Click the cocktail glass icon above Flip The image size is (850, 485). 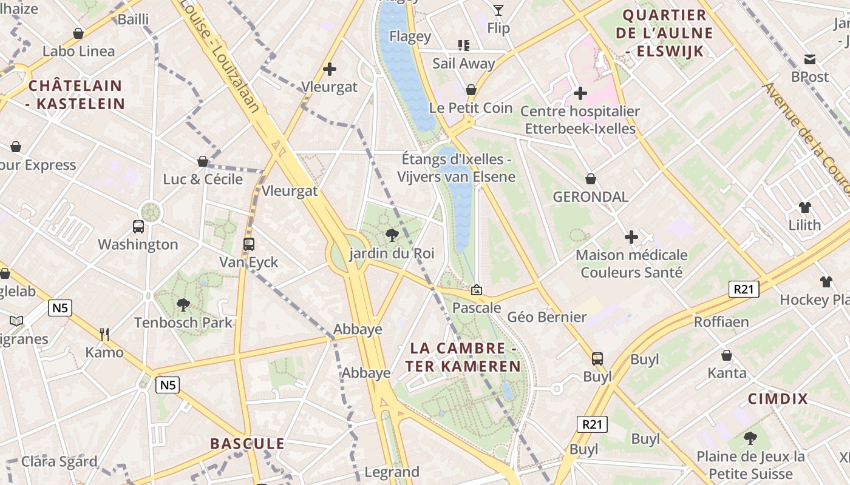tap(498, 10)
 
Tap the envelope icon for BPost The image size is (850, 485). tap(809, 59)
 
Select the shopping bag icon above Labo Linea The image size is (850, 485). tap(78, 33)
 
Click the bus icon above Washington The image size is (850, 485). tap(138, 227)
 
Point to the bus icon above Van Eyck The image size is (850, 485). tap(248, 244)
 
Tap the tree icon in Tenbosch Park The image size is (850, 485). tap(183, 304)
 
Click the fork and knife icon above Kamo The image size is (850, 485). tap(104, 334)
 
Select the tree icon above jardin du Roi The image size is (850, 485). tap(392, 235)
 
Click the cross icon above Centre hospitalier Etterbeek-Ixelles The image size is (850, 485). tap(580, 93)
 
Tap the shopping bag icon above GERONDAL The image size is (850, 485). tap(591, 179)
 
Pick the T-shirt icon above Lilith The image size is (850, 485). tap(805, 207)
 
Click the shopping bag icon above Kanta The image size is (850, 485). tap(727, 355)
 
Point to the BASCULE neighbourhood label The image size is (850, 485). tap(247, 443)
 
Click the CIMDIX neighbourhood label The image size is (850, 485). tap(778, 399)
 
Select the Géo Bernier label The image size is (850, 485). tap(547, 316)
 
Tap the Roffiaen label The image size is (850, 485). tap(721, 321)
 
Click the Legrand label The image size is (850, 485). tap(392, 472)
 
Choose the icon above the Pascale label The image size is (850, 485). tap(477, 290)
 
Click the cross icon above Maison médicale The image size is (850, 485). tap(631, 236)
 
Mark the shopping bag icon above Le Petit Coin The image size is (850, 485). tap(471, 90)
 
